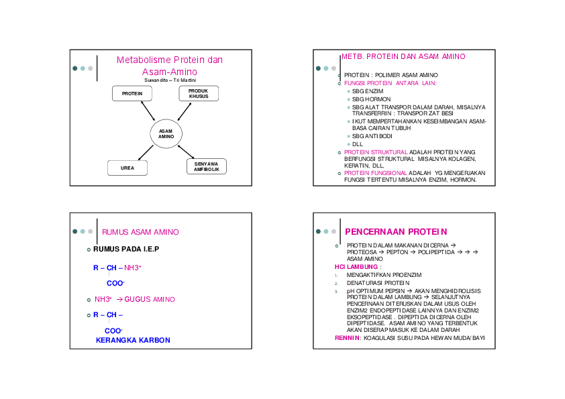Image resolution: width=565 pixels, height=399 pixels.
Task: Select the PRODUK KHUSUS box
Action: pyautogui.click(x=198, y=93)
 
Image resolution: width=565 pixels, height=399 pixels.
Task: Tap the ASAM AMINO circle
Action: pyautogui.click(x=166, y=133)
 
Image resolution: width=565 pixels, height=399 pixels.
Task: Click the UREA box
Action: pyautogui.click(x=127, y=168)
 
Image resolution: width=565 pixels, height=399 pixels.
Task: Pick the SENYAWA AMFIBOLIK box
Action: pyautogui.click(x=206, y=167)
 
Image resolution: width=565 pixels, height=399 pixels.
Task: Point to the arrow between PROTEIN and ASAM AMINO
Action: pyautogui.click(x=149, y=112)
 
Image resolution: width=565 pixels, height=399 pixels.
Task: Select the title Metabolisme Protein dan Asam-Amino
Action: pyautogui.click(x=170, y=66)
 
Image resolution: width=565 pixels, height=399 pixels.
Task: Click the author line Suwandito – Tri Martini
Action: pyautogui.click(x=170, y=80)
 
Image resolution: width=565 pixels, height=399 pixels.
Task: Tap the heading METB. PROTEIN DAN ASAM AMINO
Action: pyautogui.click(x=403, y=57)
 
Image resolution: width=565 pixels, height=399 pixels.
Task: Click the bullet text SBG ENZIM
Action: pyautogui.click(x=368, y=91)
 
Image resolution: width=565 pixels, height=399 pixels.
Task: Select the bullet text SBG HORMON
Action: pyautogui.click(x=371, y=99)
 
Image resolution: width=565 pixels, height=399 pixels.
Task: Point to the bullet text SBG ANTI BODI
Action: pyautogui.click(x=372, y=136)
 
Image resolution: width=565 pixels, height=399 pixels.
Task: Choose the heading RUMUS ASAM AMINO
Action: pyautogui.click(x=140, y=232)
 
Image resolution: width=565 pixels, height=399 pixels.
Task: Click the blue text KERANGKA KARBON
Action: pyautogui.click(x=133, y=340)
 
